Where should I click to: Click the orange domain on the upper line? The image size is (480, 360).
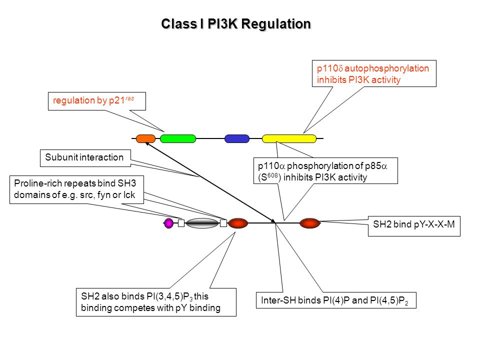145,138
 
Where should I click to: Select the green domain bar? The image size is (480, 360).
178,138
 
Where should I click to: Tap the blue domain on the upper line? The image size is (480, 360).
237,138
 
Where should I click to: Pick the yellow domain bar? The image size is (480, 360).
289,138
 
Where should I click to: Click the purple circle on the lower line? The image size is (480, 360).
168,223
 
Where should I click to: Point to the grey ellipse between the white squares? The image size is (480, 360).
202,223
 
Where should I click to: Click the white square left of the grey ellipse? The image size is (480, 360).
181,223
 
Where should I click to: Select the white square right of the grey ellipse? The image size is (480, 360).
223,223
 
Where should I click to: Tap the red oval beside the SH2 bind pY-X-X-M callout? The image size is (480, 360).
310,223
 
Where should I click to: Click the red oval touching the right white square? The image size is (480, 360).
238,223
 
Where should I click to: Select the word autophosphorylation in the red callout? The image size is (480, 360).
386,68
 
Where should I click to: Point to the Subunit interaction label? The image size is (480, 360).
84,157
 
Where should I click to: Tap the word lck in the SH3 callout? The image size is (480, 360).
129,194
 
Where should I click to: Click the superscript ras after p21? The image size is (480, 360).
129,98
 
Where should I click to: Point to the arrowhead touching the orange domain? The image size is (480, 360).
146,143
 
